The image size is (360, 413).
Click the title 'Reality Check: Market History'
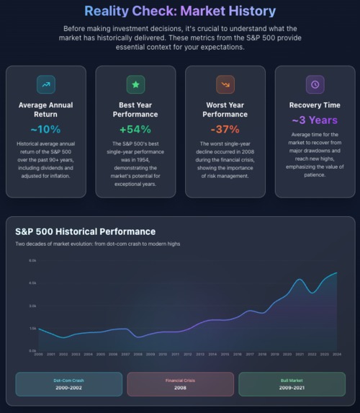pos(180,12)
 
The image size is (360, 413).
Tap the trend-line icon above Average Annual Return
pos(46,84)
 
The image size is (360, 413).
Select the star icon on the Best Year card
pos(135,84)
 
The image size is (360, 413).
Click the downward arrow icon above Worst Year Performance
pos(225,84)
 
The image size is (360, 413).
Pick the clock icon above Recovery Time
pos(315,84)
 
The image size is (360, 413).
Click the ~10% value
pos(46,129)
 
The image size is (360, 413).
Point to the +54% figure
pos(135,129)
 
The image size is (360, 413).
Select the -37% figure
pos(225,129)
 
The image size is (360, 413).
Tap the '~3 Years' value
pos(315,120)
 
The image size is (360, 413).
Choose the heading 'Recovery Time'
pos(315,105)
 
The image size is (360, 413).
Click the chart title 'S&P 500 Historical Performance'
pos(85,231)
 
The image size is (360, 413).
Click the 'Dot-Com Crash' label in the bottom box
pos(69,380)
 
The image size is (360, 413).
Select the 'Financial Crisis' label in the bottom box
pos(180,380)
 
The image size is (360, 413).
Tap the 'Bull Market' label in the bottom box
pos(292,380)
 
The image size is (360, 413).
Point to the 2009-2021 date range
pos(292,388)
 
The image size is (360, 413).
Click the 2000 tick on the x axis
pos(39,355)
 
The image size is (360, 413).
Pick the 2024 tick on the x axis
pos(336,355)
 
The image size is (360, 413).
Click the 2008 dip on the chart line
pos(138,336)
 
